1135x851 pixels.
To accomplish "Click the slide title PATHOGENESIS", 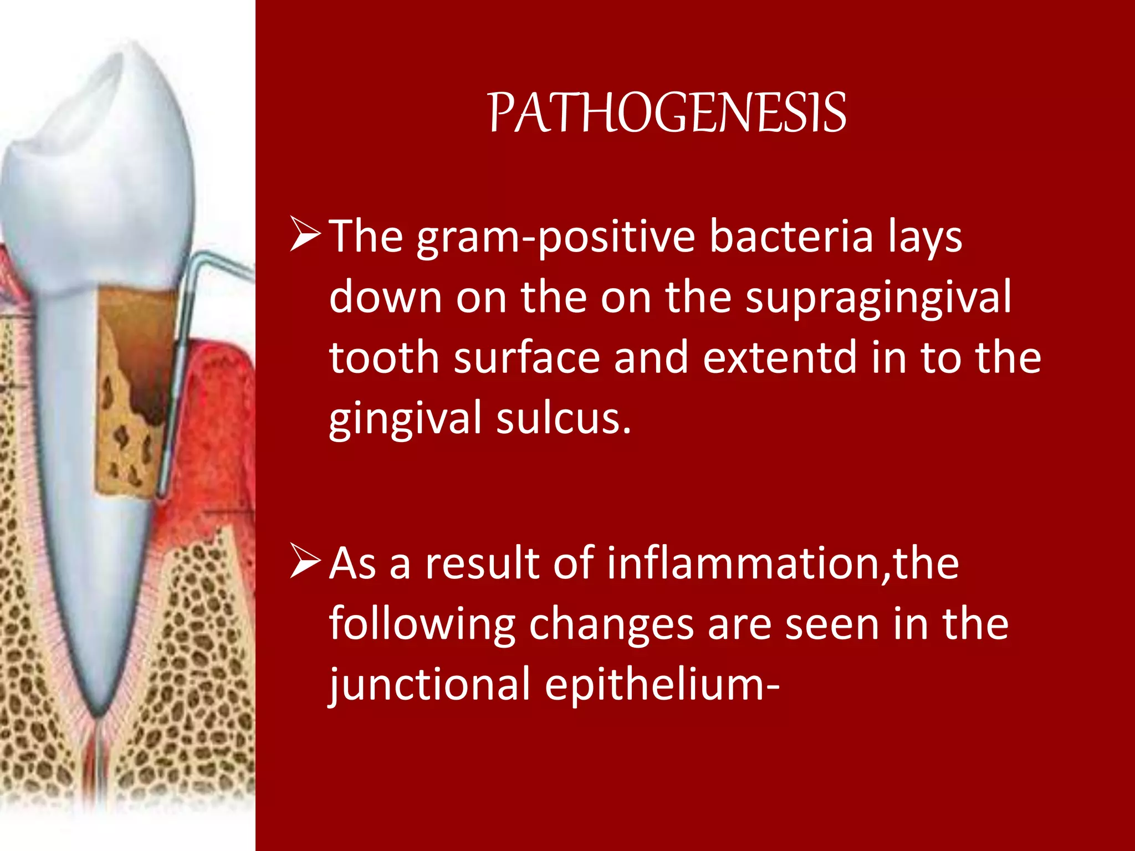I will [667, 114].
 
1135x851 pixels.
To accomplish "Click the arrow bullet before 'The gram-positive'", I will [305, 235].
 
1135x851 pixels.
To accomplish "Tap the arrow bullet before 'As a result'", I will [305, 562].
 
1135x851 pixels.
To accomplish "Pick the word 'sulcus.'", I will [564, 418].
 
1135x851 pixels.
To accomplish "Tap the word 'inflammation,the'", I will [782, 563].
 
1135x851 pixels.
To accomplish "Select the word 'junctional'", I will [430, 684].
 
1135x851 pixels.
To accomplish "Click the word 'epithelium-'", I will [662, 684].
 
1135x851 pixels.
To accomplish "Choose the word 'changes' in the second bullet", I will [611, 624].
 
